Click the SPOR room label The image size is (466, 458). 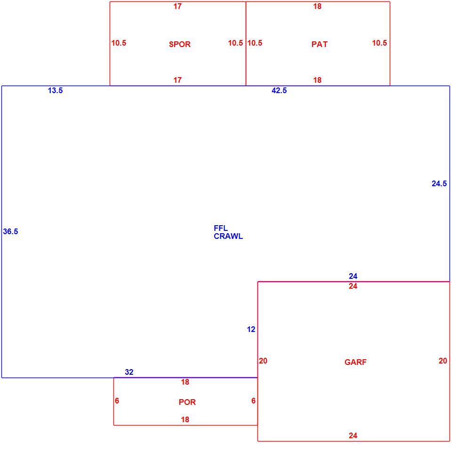179,44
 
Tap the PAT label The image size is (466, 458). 320,44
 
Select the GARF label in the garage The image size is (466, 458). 355,362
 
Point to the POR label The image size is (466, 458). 187,402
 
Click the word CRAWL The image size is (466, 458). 228,236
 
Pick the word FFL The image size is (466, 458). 221,228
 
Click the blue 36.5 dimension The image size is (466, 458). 10,231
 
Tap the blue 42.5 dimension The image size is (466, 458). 279,91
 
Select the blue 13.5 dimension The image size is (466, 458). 55,91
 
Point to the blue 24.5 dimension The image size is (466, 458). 439,184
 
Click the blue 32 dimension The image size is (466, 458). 129,372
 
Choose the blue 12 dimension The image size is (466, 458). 251,330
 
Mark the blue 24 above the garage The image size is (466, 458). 353,276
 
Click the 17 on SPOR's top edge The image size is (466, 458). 177,7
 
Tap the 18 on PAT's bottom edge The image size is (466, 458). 317,80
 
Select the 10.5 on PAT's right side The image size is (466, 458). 379,43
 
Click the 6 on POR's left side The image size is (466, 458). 117,401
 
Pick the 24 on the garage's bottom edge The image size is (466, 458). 353,436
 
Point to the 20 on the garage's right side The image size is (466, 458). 443,361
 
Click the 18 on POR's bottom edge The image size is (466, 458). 185,420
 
